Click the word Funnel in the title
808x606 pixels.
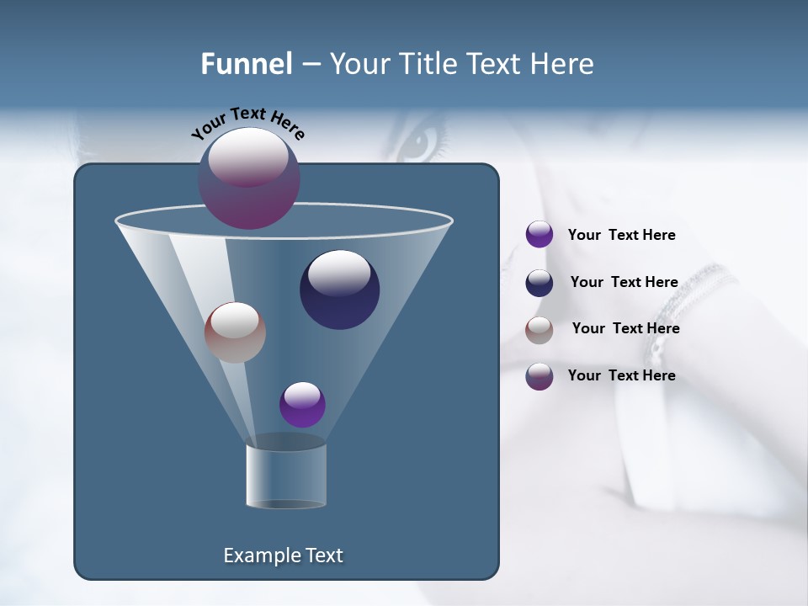(x=246, y=64)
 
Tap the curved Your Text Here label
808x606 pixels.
(x=247, y=124)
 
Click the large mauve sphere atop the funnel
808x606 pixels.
(x=249, y=178)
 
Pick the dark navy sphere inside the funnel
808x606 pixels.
(x=339, y=290)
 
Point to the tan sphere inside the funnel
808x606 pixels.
(x=235, y=332)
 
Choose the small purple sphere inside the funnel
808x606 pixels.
(x=302, y=404)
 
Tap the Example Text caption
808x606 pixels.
(x=283, y=555)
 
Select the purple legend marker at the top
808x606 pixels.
(x=540, y=234)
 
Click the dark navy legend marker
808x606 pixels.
(x=540, y=283)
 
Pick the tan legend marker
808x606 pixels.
(x=540, y=330)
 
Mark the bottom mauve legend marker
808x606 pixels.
(x=540, y=376)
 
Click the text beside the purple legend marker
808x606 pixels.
(x=621, y=235)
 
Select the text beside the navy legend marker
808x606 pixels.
(x=624, y=282)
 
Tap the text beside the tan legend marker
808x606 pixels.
(x=625, y=328)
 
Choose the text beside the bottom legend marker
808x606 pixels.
(x=621, y=375)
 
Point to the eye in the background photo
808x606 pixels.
(x=421, y=141)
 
